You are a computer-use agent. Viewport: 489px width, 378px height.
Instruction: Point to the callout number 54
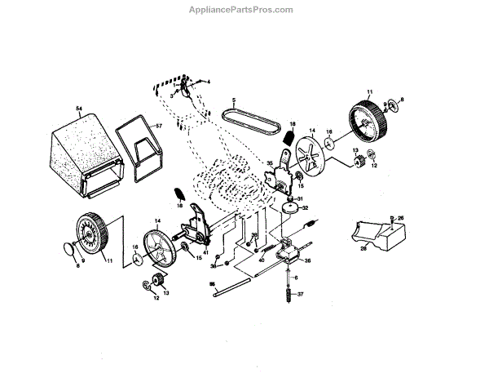click(79, 109)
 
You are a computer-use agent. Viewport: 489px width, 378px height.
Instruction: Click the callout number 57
click(160, 127)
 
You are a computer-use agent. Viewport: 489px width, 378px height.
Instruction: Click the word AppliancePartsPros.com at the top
click(244, 11)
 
